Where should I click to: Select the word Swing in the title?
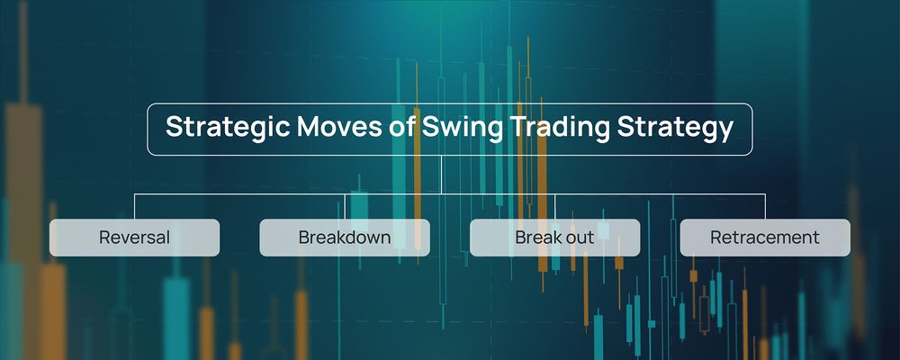[458, 128]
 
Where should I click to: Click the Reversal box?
[134, 238]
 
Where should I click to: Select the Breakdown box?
[345, 238]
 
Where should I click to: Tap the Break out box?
[555, 238]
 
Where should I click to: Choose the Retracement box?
[765, 238]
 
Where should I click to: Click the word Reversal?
[134, 238]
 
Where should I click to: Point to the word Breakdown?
[345, 238]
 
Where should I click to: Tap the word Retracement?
[765, 238]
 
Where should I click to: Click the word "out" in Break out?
[580, 238]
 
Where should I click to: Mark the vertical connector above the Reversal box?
[134, 206]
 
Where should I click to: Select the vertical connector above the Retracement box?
[765, 206]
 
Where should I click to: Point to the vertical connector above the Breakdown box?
[345, 206]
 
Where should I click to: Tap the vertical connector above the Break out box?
[555, 206]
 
